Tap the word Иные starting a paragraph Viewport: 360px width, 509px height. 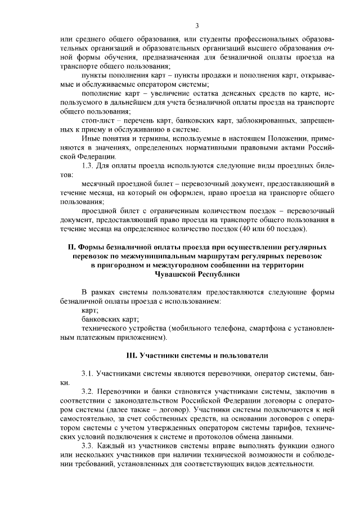click(91, 138)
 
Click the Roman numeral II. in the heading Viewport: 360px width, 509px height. click(71, 247)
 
